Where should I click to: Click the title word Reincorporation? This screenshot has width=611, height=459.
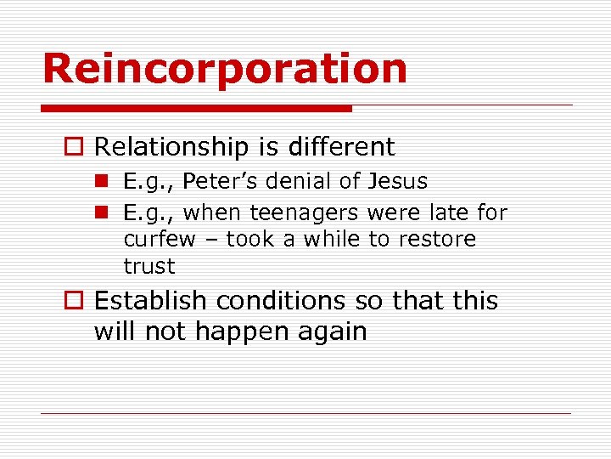pyautogui.click(x=225, y=68)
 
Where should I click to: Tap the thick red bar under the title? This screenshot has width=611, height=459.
pyautogui.click(x=196, y=109)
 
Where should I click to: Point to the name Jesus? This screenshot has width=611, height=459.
pyautogui.click(x=398, y=182)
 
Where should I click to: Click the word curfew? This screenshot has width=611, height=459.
pyautogui.click(x=160, y=239)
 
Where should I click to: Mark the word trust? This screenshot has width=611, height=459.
pyautogui.click(x=149, y=266)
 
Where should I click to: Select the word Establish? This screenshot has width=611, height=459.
pyautogui.click(x=150, y=301)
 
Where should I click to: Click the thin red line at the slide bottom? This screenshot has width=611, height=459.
pyautogui.click(x=305, y=414)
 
